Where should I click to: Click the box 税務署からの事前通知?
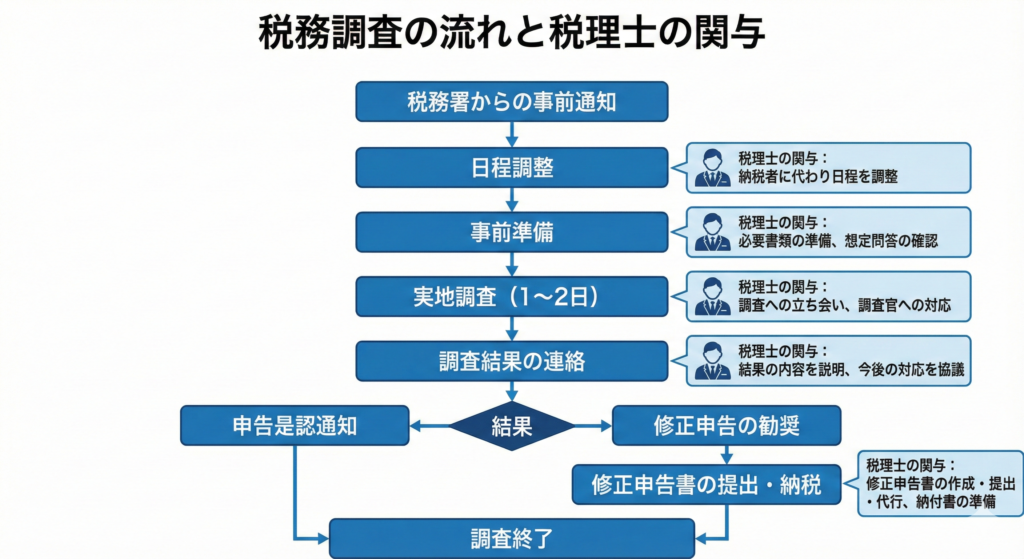click(511, 101)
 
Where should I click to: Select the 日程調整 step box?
click(511, 167)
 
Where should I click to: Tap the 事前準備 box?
click(511, 232)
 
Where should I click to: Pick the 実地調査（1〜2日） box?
click(511, 296)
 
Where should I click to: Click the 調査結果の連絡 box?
click(511, 361)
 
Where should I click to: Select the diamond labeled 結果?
click(512, 426)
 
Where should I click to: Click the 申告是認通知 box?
click(295, 426)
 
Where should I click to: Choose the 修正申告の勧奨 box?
click(726, 426)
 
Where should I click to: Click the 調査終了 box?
click(511, 538)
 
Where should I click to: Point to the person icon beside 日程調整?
click(713, 168)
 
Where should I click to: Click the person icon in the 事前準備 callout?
click(713, 232)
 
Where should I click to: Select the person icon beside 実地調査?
click(713, 297)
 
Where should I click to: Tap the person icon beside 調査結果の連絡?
click(713, 361)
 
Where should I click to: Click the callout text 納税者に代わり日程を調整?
click(818, 176)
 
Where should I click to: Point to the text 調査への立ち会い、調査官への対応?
click(844, 305)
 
